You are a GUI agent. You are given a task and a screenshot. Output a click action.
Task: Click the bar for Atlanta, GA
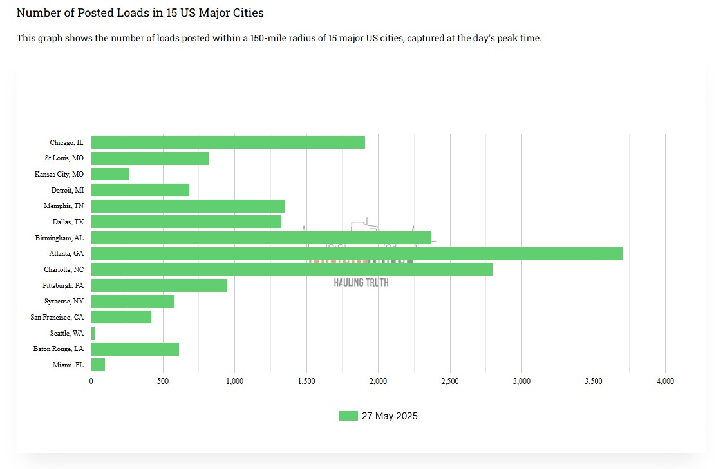pos(357,254)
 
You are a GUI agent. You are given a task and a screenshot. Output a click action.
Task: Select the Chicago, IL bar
pos(228,142)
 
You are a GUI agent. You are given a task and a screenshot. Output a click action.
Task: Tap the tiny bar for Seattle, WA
pos(93,333)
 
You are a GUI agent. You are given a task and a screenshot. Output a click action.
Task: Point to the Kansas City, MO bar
pos(110,174)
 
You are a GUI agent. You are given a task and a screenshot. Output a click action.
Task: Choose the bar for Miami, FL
pos(98,365)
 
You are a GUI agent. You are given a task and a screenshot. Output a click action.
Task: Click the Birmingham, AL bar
pos(261,238)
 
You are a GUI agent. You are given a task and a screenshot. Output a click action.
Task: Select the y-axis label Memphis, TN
pos(64,206)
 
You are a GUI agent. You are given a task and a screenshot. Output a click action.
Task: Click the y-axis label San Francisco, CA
pos(57,317)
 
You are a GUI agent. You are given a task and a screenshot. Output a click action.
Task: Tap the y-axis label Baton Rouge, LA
pos(59,349)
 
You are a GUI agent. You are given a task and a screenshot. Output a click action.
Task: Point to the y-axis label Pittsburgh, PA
pos(63,285)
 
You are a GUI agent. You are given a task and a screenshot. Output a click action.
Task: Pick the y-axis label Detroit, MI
pos(68,190)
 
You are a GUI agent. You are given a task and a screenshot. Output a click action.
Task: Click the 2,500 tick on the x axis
pos(450,381)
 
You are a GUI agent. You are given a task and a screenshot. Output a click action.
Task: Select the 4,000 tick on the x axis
pos(665,381)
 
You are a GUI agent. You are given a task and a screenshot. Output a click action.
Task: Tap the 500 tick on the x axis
pos(163,381)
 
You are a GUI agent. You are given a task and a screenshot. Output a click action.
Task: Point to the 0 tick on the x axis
pos(91,381)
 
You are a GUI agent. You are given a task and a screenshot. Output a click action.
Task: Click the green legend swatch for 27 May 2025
pos(348,416)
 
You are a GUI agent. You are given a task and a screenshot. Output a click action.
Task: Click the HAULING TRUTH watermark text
pos(361,282)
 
